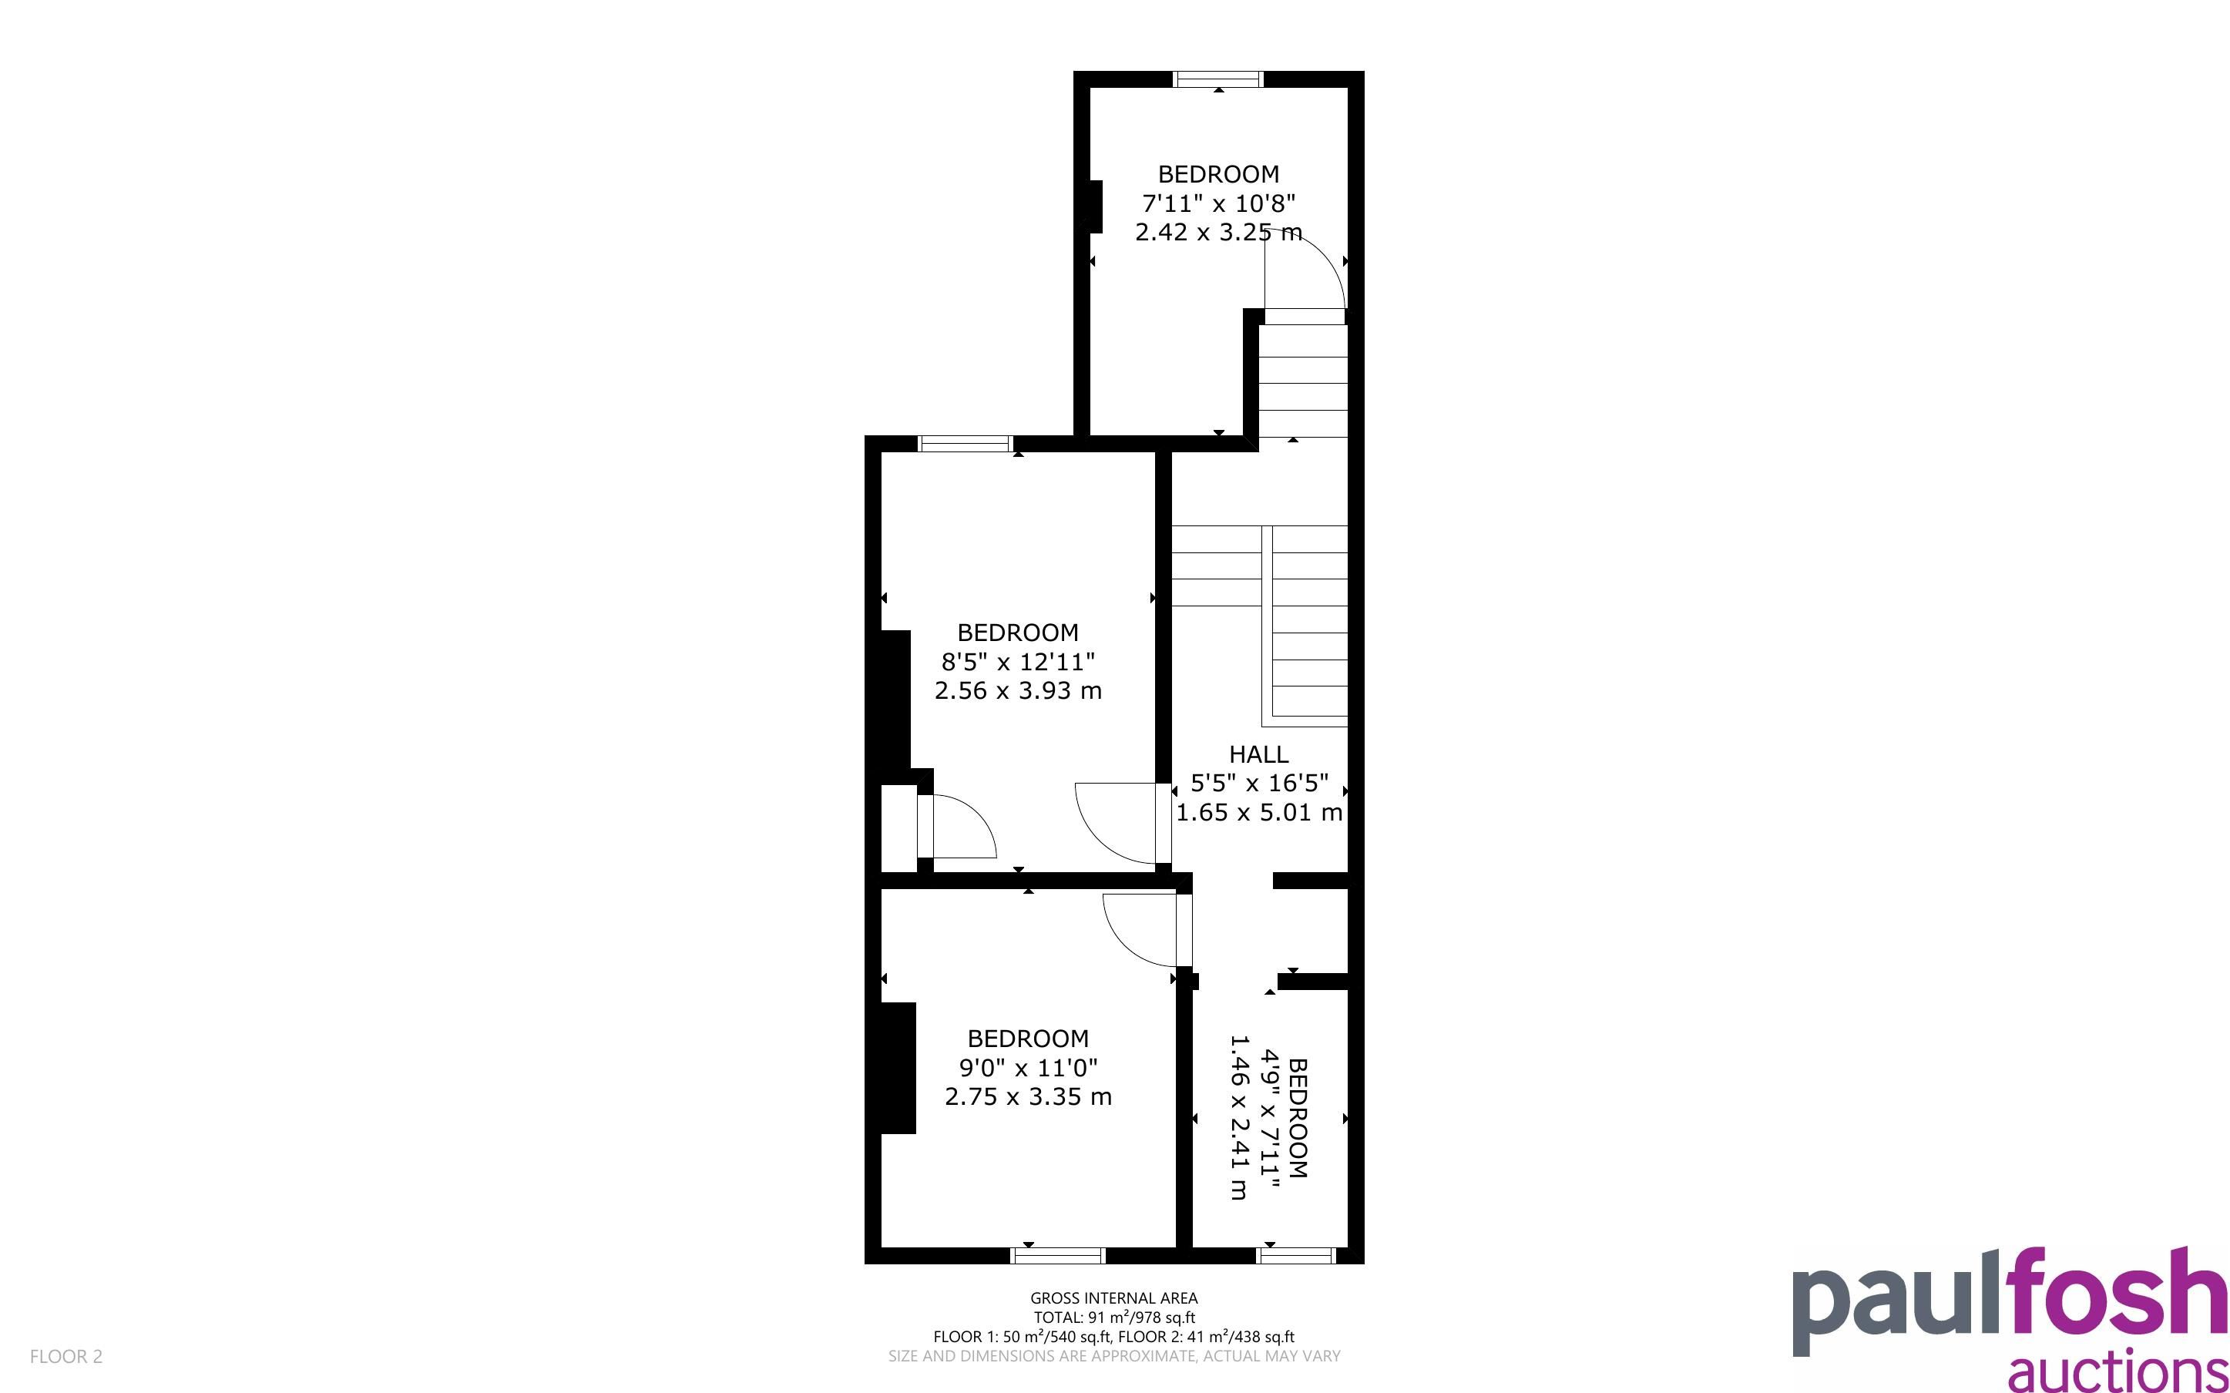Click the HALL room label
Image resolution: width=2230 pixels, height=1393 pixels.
coord(1258,754)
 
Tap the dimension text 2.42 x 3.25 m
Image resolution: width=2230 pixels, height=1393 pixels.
coord(1217,232)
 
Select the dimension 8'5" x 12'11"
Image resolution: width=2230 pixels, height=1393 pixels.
coord(1018,662)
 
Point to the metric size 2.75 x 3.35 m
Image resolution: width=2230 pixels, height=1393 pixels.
coord(1028,1096)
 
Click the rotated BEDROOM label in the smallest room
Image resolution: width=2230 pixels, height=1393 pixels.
coord(1297,1117)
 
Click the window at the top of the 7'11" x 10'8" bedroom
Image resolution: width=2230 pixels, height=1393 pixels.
coord(1217,79)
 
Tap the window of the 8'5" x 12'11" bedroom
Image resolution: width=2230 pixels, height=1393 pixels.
coord(966,443)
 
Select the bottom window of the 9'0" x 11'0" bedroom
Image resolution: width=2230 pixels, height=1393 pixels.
coord(1057,1255)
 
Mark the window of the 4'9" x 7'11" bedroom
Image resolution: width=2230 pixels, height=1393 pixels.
coord(1296,1255)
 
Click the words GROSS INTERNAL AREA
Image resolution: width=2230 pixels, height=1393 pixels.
coord(1113,1298)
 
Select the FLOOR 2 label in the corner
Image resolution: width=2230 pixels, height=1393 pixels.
coord(66,1356)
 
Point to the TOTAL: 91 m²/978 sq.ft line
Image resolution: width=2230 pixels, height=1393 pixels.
coord(1113,1317)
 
